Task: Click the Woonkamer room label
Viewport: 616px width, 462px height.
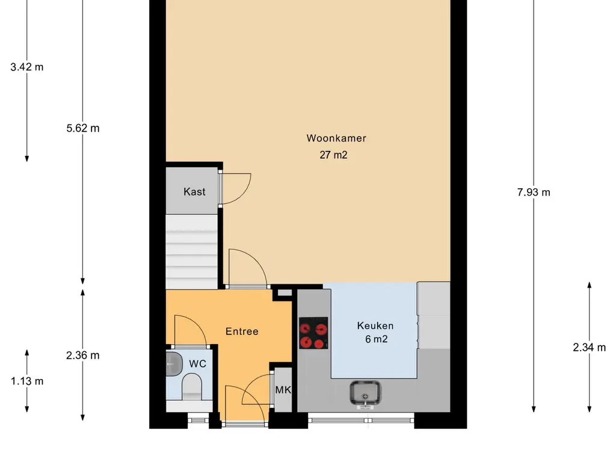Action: (336, 138)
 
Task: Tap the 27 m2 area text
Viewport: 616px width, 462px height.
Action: (333, 155)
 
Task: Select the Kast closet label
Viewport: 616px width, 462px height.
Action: (194, 192)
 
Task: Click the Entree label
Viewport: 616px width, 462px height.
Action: (242, 331)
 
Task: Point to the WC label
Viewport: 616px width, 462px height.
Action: (197, 364)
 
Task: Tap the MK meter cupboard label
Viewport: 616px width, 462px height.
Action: (283, 390)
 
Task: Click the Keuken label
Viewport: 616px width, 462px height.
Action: (375, 325)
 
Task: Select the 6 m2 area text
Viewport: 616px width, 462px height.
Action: (377, 339)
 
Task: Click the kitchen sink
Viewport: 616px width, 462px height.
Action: (365, 393)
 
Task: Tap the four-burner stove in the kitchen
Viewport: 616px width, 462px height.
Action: (313, 333)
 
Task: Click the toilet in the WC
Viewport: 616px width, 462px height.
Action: (192, 386)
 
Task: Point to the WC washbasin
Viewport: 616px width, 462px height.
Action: (174, 364)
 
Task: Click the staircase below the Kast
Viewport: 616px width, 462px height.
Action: (191, 252)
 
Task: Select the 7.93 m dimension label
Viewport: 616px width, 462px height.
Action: (534, 192)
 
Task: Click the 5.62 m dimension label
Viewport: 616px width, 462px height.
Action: (83, 128)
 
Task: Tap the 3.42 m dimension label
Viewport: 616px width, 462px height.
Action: (26, 67)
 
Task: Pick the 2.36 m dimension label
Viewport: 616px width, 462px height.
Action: (83, 356)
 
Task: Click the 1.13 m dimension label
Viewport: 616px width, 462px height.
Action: (26, 381)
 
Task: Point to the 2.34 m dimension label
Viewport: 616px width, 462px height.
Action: (589, 348)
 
